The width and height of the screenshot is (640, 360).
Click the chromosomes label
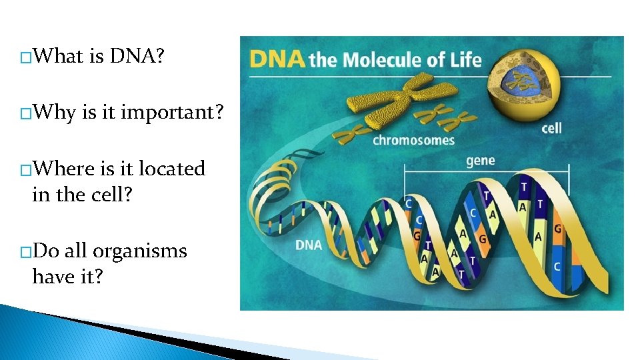point(413,140)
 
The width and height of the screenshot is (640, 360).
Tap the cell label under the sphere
point(551,127)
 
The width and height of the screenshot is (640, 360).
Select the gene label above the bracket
point(480,161)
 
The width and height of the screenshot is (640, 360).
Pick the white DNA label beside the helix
point(309,245)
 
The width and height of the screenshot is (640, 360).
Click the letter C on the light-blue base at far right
point(556,266)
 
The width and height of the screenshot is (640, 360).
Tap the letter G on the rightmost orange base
point(557,229)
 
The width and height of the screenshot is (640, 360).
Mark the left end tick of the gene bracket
point(405,179)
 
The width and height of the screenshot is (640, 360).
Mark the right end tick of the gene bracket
point(569,179)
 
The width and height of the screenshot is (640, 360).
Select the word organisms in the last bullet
point(140,251)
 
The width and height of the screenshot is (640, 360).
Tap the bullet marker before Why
point(25,115)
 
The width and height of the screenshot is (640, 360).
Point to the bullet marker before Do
point(25,253)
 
